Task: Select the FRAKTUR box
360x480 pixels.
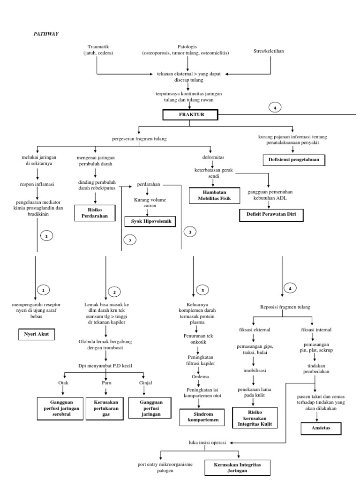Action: click(x=190, y=114)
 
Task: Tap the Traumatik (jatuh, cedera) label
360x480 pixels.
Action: click(x=100, y=50)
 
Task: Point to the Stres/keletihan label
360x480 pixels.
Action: click(x=271, y=50)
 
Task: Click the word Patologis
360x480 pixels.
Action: click(x=187, y=47)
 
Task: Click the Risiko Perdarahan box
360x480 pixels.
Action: click(x=95, y=212)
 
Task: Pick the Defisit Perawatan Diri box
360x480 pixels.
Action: click(x=271, y=215)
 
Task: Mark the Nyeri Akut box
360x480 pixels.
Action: click(x=36, y=335)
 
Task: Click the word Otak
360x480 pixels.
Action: click(x=63, y=382)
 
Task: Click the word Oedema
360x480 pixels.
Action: click(x=199, y=376)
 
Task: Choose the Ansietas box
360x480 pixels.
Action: click(x=321, y=428)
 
